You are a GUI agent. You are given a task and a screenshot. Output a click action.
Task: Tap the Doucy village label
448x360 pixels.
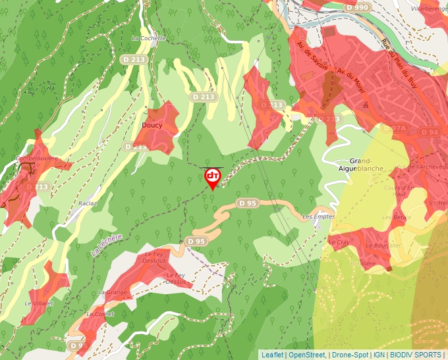click(x=152, y=124)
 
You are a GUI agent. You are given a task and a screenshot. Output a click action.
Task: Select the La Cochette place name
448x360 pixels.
click(x=149, y=38)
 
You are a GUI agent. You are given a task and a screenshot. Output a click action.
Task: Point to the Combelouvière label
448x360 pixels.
click(x=38, y=159)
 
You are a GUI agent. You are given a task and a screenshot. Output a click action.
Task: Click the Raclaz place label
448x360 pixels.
click(x=88, y=203)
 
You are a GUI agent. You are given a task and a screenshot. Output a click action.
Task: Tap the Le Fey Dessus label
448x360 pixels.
click(x=176, y=278)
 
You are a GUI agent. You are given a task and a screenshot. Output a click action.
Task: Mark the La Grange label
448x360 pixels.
click(x=112, y=292)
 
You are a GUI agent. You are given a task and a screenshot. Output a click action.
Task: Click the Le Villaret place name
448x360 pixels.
click(x=38, y=303)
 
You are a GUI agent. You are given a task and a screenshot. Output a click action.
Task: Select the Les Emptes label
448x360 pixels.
click(x=318, y=217)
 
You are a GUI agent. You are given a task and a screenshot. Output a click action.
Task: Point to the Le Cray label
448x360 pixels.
click(x=339, y=242)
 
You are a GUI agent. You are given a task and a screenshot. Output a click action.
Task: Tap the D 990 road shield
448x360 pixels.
click(x=357, y=7)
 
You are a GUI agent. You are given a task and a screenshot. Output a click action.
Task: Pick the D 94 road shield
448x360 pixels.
click(x=429, y=132)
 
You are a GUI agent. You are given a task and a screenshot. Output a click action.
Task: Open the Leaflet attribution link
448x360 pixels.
click(x=272, y=355)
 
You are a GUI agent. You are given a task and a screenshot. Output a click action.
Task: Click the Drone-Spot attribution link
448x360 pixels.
click(x=350, y=355)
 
